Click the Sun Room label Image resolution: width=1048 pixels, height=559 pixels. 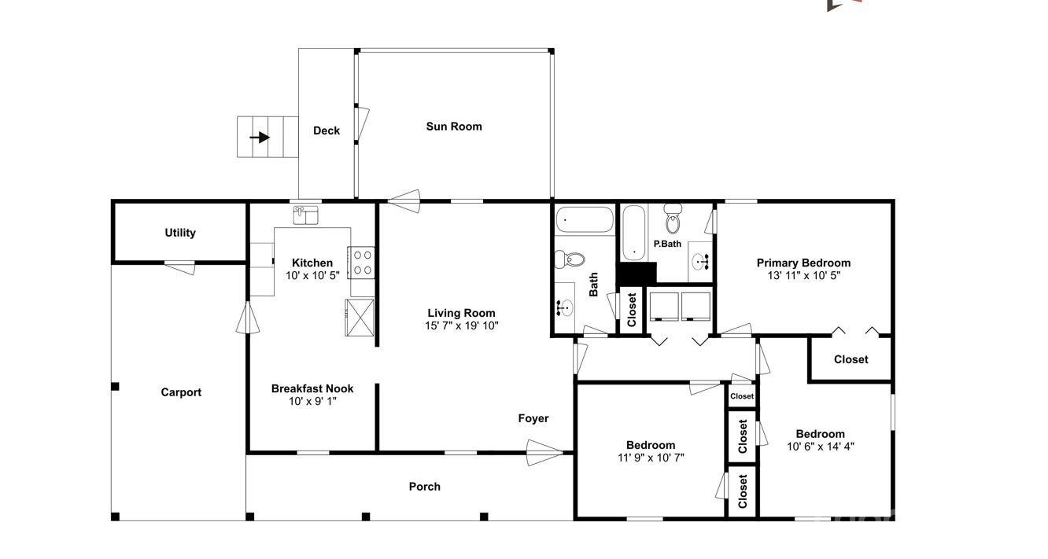pos(454,127)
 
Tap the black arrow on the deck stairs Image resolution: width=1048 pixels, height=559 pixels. pos(260,137)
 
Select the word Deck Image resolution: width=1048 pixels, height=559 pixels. pos(327,131)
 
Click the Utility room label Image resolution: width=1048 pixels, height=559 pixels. pos(180,233)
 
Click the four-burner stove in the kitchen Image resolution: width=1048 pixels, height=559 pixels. pos(362,262)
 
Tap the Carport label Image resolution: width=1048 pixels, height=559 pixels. pos(181,392)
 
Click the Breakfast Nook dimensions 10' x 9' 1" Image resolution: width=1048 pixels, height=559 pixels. pos(312,401)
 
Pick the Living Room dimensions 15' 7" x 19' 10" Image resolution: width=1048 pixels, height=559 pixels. pos(462,325)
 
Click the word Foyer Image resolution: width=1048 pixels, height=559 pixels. pos(533,418)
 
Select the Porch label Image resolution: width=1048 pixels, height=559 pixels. pos(425,487)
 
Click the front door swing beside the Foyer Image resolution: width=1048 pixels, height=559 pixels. pos(544,452)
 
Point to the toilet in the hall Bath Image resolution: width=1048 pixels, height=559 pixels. pos(568,259)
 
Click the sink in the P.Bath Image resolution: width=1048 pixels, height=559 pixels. pos(699,260)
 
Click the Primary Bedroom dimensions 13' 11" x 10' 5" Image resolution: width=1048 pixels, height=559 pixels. pos(803,276)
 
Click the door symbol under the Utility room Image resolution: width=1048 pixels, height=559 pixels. pos(181,267)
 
